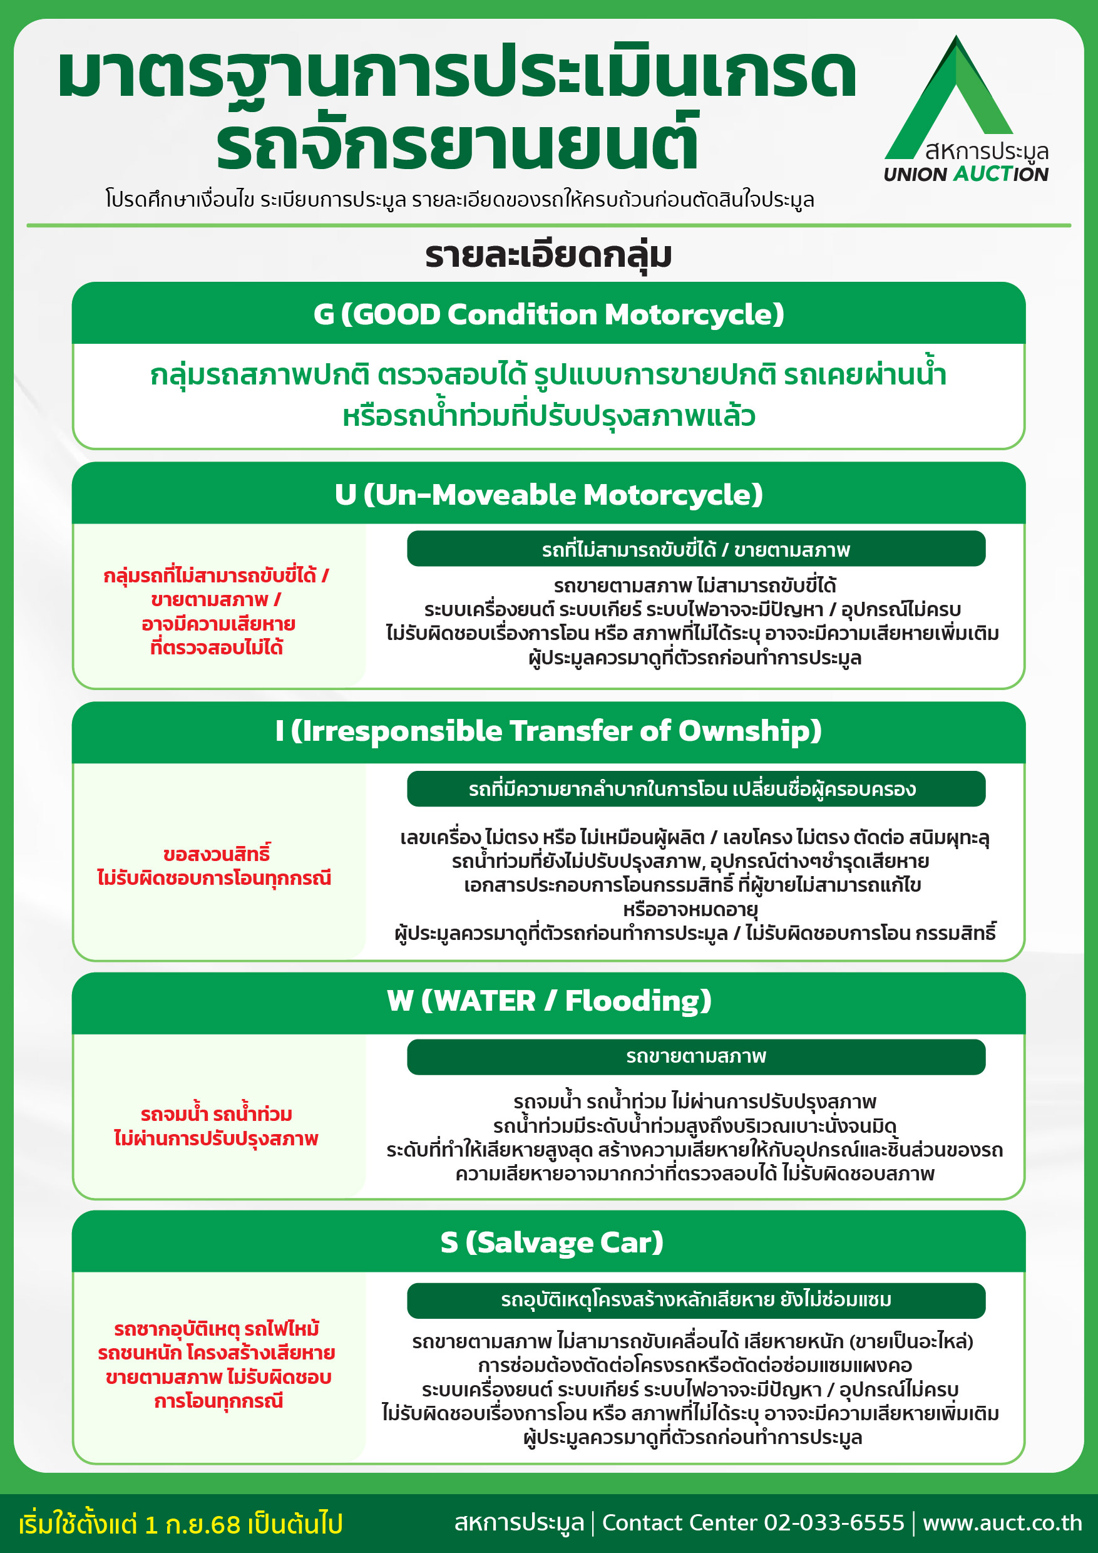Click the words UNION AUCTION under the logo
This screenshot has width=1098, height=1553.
point(965,175)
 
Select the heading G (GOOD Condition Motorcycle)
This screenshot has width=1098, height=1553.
point(548,314)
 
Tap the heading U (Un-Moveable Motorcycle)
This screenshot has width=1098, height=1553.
point(548,495)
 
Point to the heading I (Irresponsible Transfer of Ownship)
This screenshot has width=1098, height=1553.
point(548,731)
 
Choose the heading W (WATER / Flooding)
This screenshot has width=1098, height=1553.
point(548,1001)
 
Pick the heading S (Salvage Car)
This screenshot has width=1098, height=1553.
point(551,1242)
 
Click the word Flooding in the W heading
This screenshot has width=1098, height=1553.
point(637,1001)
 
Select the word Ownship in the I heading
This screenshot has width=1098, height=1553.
point(749,731)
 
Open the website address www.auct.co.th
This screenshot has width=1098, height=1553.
point(1002,1522)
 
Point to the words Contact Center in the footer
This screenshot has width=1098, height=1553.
point(679,1522)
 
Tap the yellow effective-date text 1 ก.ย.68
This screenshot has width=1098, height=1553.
point(193,1525)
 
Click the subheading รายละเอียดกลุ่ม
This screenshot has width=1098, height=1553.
point(548,255)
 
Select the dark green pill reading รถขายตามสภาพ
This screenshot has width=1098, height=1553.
point(695,1056)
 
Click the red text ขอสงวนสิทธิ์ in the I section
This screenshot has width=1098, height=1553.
point(217,854)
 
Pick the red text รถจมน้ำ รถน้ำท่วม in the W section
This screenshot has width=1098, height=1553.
point(217,1114)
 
